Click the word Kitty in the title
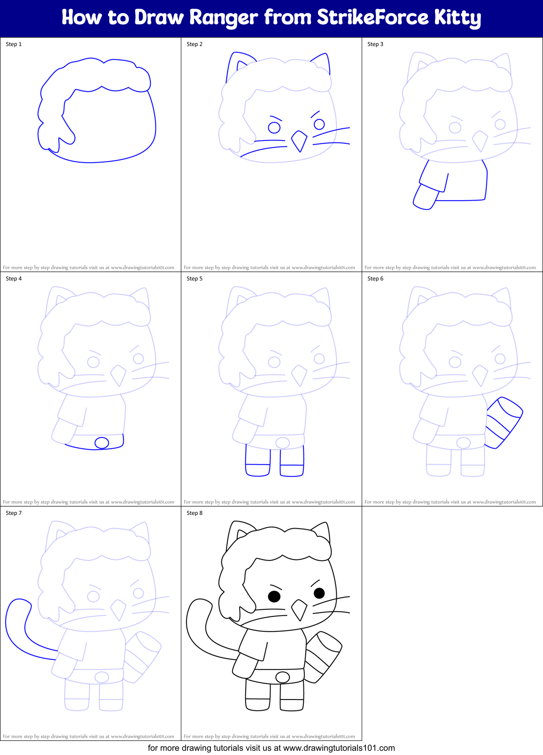pos(457,18)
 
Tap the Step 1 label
pos(14,44)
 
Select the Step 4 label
pos(14,279)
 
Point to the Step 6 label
pos(375,279)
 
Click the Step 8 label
pos(194,513)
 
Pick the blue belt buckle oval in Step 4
pos(102,443)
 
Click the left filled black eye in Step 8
pos(274,596)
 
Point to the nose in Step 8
pos(299,609)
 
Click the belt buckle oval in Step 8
pos(283,677)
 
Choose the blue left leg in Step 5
pos(257,462)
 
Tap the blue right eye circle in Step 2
pos(319,124)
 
